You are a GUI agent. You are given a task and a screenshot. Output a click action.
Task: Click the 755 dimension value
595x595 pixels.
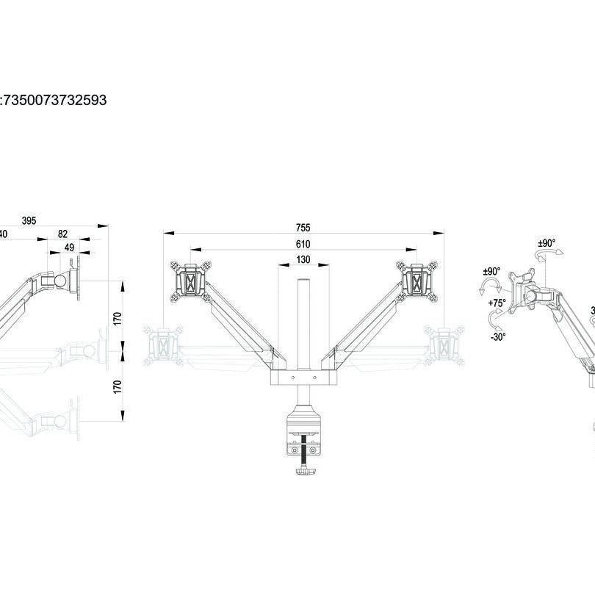point(303,228)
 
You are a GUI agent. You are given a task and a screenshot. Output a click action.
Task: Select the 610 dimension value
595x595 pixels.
point(303,244)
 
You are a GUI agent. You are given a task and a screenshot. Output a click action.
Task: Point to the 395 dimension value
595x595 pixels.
point(29,220)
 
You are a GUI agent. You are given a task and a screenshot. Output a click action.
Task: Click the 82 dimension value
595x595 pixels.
point(63,234)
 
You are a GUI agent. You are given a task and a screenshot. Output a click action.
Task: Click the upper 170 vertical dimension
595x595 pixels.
point(118,318)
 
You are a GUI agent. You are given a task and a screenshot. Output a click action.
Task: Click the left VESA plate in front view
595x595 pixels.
point(190,280)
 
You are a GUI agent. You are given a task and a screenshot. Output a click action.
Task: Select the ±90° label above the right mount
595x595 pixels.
point(547,242)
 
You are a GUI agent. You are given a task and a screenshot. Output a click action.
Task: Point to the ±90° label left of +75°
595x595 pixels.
point(491,272)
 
